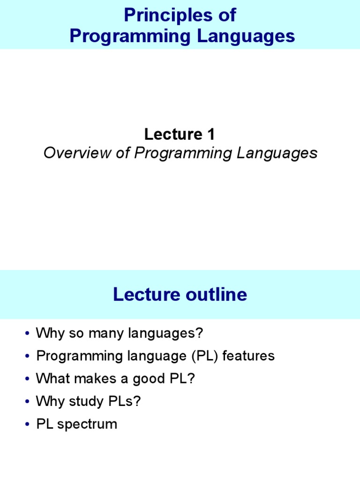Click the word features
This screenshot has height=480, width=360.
point(248,356)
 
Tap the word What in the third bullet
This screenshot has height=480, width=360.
point(51,379)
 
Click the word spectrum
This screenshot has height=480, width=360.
point(87,424)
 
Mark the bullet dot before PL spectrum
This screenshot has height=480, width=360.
point(28,425)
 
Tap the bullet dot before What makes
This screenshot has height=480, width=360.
point(28,379)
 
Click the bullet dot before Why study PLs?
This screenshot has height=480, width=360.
point(28,402)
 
